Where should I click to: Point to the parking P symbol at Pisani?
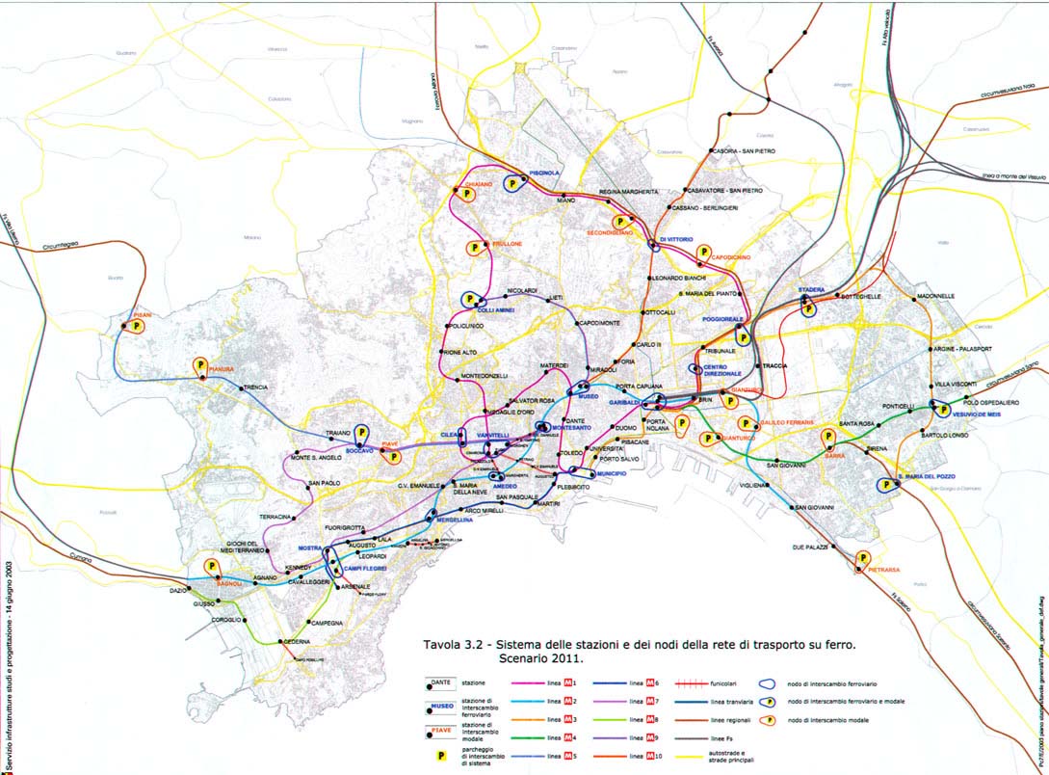coord(137,327)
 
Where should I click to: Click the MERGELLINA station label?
coord(455,520)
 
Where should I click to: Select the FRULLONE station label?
coord(507,244)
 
